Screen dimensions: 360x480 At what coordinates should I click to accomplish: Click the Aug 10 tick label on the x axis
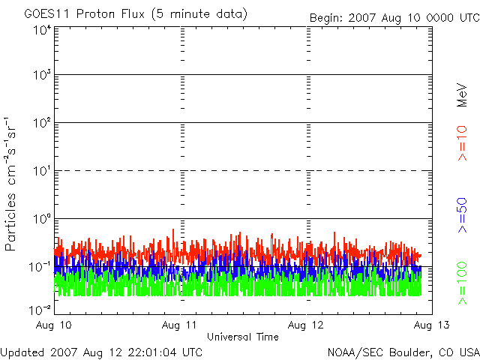click(x=55, y=326)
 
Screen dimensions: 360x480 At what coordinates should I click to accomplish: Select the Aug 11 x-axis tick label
click(x=181, y=326)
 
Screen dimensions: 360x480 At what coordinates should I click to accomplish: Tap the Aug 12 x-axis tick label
click(x=307, y=326)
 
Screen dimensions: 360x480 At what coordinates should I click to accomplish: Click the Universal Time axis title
click(x=242, y=337)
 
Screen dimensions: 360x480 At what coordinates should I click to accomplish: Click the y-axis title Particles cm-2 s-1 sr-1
click(x=13, y=184)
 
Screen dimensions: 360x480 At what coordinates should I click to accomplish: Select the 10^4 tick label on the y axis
click(x=42, y=30)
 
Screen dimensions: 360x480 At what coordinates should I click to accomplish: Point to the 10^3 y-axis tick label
click(x=42, y=76)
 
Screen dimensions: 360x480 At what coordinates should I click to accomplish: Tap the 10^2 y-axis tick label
click(x=42, y=123)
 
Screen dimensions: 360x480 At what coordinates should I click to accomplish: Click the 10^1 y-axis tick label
click(x=42, y=171)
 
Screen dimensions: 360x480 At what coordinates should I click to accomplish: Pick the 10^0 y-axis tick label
click(x=42, y=219)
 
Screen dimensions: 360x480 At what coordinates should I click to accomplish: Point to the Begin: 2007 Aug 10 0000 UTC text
click(x=394, y=16)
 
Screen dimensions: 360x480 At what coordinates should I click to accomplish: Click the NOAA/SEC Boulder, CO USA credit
click(x=403, y=352)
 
